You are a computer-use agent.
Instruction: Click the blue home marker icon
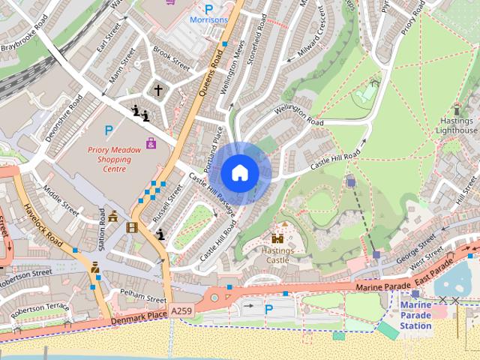[x=239, y=173]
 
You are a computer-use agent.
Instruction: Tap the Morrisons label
[x=208, y=19]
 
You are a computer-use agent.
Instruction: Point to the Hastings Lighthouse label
[x=457, y=125]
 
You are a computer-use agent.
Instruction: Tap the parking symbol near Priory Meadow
[x=109, y=130]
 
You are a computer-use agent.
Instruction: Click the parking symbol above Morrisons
[x=209, y=7]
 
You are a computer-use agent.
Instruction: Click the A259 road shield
[x=181, y=310]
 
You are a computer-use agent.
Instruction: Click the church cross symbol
[x=158, y=90]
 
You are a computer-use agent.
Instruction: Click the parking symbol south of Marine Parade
[x=268, y=308]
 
